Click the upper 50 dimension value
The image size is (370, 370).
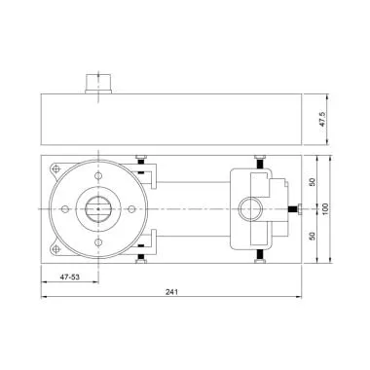click(x=313, y=182)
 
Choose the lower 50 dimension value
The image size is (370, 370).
click(x=313, y=235)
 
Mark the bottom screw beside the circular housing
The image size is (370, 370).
click(x=142, y=255)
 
